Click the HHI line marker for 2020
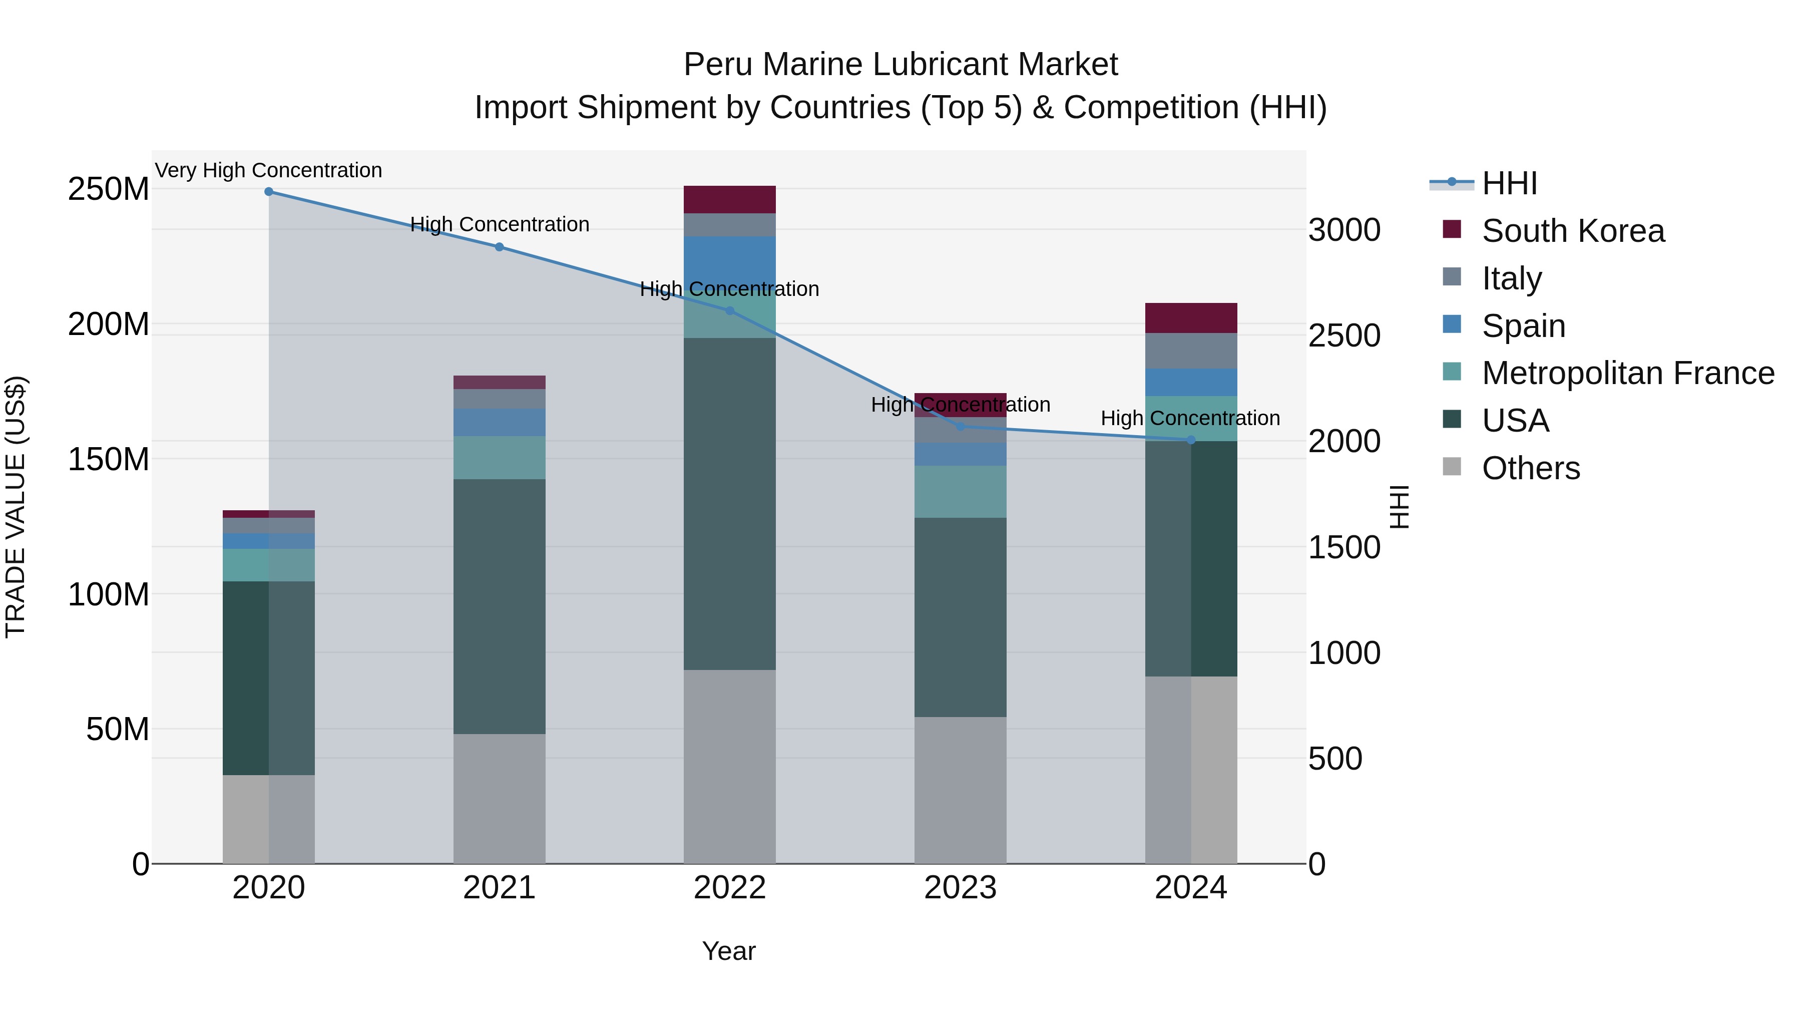pos(269,192)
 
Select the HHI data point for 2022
pos(730,310)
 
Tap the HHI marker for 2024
pos(1191,440)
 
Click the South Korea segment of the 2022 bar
pos(730,199)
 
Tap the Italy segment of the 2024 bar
pos(1191,351)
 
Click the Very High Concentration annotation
pos(269,171)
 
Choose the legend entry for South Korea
pos(1573,231)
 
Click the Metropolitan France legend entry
pos(1627,373)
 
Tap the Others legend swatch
pos(1452,467)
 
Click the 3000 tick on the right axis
pos(1344,230)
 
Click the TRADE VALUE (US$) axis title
pos(16,507)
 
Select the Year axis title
pos(728,951)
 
